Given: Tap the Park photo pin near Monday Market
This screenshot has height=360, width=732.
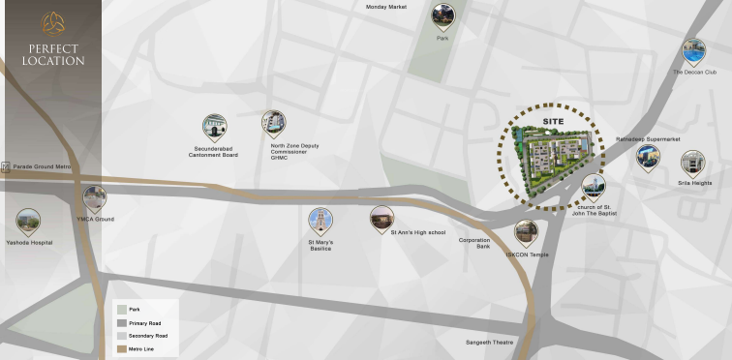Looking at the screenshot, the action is coord(443,15).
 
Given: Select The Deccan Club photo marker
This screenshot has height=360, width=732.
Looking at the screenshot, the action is coord(693,51).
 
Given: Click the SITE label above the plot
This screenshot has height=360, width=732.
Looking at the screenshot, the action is coord(553,121).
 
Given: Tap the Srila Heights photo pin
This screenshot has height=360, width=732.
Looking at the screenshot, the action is coord(692,163).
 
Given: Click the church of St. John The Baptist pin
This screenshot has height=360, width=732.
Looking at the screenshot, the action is coord(593,187).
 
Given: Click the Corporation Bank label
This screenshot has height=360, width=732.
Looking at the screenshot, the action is coord(474,243).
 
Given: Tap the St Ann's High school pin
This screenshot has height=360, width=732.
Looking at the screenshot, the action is coord(381,218).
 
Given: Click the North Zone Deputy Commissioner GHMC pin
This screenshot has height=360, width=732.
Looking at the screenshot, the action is coord(273,123).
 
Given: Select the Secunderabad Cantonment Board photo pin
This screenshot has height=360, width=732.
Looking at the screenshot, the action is coord(214,127).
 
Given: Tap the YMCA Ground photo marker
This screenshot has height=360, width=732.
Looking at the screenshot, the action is coord(94,198).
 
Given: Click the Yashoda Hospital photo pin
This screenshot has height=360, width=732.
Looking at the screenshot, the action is coord(28,222).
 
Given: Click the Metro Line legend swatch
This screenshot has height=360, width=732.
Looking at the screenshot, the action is coord(121,348).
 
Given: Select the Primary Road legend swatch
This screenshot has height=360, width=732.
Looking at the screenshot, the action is coord(121,322).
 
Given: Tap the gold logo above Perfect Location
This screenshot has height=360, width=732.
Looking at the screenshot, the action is coord(51,23).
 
